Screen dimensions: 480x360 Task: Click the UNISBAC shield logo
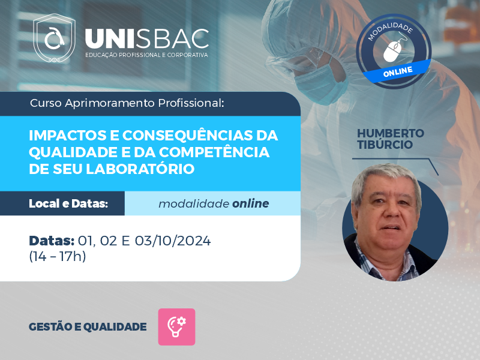coord(54,38)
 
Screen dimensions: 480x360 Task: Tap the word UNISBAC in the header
coord(147,39)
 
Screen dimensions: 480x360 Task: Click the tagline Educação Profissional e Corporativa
coord(146,55)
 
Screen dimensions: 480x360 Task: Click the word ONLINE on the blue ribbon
coord(398,72)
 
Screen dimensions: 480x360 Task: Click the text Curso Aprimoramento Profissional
coord(127,103)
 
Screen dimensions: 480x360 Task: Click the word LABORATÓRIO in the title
coord(140,169)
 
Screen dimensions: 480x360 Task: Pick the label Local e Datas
coord(68,203)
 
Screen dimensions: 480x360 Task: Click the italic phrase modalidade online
coord(214,203)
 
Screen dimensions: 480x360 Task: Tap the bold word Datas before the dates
coord(52,241)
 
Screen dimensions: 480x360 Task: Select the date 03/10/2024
coord(173,241)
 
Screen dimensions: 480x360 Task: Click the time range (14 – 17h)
coord(57,256)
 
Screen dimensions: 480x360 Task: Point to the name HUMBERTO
coord(391,133)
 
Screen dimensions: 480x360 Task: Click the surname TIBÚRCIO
coord(385,145)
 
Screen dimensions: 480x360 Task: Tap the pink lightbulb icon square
coord(176,327)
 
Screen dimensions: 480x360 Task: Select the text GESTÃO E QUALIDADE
coord(88,327)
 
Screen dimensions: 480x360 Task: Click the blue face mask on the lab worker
coord(320,83)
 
